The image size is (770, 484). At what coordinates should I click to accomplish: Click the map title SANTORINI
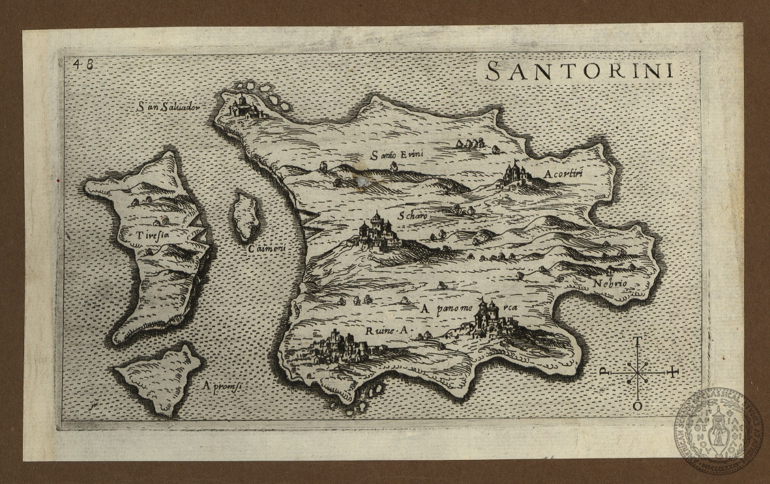580,70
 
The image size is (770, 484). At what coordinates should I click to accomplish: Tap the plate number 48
83,64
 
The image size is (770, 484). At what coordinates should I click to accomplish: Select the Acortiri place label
561,174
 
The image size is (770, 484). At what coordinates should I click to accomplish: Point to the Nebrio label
610,283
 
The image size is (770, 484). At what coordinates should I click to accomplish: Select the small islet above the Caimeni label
246,216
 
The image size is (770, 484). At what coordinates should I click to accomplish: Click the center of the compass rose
637,373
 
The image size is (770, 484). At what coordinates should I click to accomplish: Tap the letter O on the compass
637,406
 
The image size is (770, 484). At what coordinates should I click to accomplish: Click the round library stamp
718,429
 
